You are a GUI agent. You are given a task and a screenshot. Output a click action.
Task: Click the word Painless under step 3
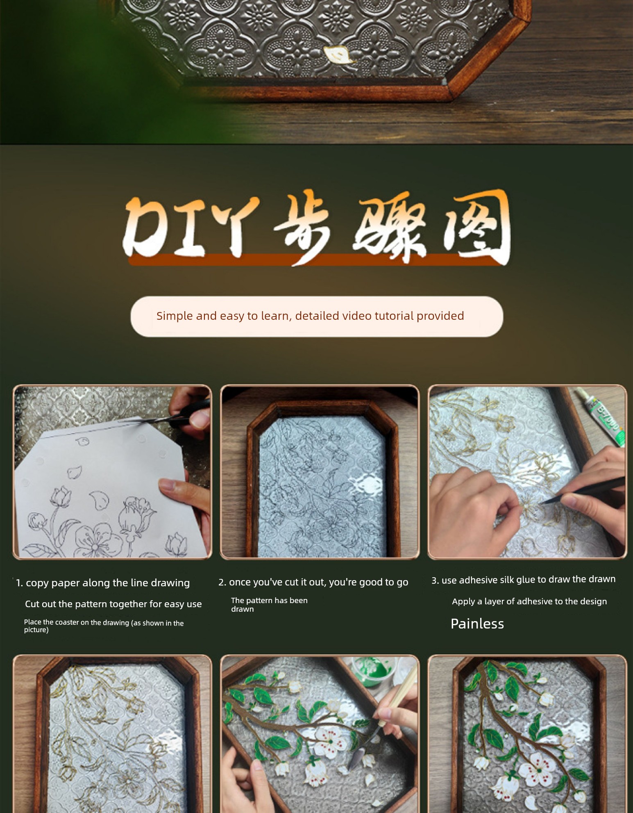(477, 624)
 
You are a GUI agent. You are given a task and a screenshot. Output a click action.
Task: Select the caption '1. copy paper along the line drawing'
(103, 583)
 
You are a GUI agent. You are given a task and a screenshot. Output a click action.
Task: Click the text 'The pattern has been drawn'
(269, 605)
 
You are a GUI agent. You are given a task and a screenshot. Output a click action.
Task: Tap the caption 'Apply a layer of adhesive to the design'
(529, 601)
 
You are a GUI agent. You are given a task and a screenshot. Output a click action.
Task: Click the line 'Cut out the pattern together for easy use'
(113, 604)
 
